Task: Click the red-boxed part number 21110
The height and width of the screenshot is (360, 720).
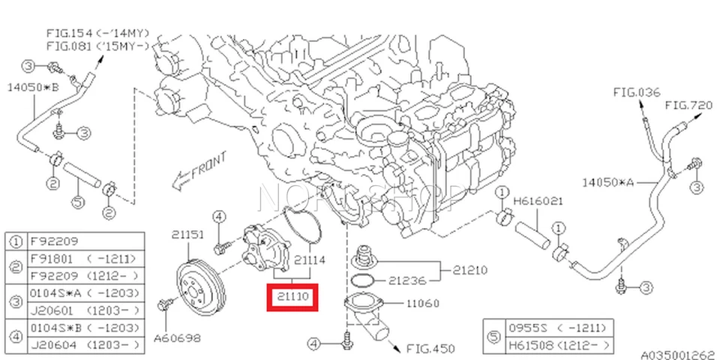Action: point(293,297)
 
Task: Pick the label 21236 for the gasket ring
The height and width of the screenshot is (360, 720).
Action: point(407,280)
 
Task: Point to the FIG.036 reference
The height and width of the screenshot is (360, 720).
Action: point(636,93)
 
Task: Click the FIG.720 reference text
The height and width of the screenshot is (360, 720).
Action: point(688,106)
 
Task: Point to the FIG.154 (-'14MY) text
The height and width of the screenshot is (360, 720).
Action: point(97,33)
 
